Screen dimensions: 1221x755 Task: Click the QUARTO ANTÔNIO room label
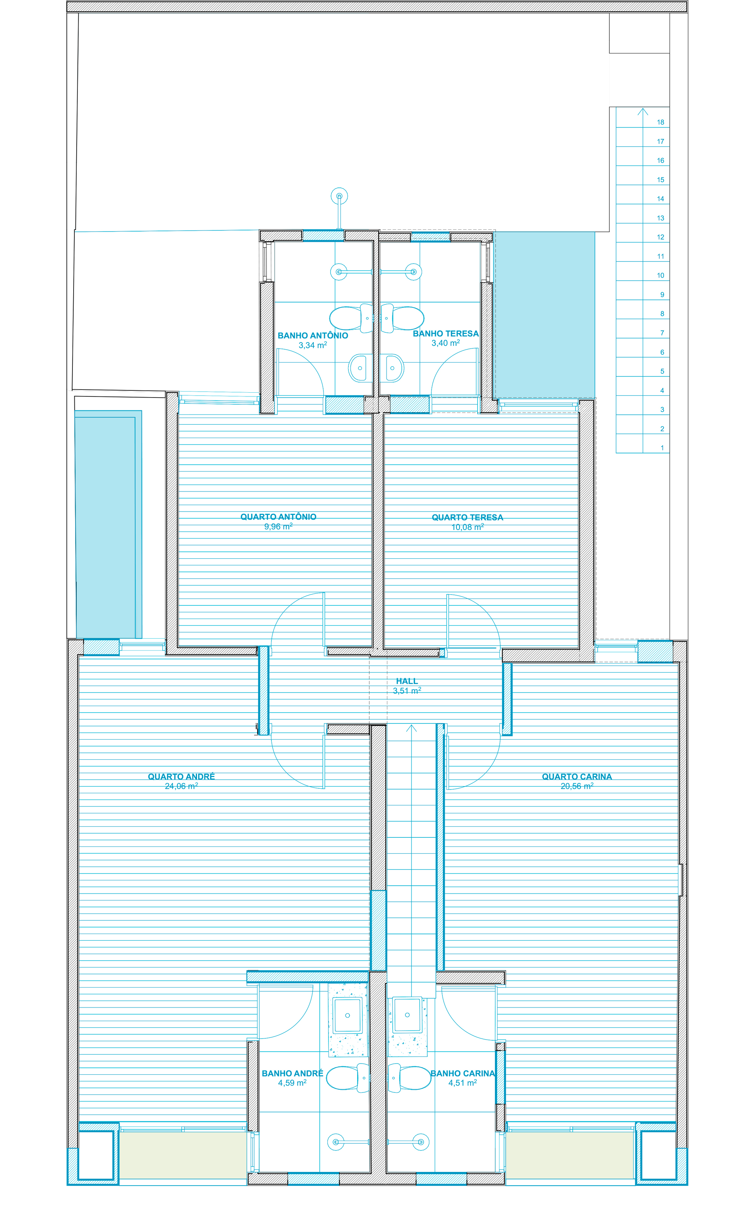[x=278, y=517]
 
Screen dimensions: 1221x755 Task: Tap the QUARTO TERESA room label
[x=467, y=518]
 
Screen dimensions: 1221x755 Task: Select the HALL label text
[x=407, y=681]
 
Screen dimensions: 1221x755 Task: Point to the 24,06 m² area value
[x=181, y=786]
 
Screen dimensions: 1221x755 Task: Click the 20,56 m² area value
[x=577, y=786]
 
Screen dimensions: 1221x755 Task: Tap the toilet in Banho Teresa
[x=405, y=318]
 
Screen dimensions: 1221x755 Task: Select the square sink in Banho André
[x=348, y=1015]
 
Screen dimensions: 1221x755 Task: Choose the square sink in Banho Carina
[x=407, y=1015]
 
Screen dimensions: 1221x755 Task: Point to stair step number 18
[x=661, y=122]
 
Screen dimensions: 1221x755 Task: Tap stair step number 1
[x=662, y=448]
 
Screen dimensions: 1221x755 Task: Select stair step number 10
[x=661, y=275]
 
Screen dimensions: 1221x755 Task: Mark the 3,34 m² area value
[x=313, y=345]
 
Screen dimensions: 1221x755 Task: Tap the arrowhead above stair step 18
[x=643, y=111]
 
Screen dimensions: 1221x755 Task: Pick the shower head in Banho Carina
[x=421, y=1142]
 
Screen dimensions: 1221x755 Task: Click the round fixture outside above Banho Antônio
[x=339, y=196]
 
